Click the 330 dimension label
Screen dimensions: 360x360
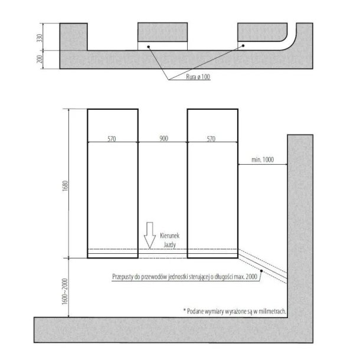click(x=40, y=38)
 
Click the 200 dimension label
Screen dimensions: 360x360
click(x=40, y=59)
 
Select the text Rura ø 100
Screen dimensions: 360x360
click(x=198, y=77)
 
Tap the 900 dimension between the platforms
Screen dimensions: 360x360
click(x=163, y=139)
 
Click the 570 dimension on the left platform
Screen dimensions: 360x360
click(x=112, y=139)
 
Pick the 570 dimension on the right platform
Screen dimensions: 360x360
click(x=211, y=139)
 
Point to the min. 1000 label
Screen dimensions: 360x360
click(x=263, y=159)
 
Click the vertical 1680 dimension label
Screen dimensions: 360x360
click(x=66, y=186)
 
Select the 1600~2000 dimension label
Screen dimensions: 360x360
click(x=65, y=292)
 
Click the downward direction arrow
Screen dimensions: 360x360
click(x=150, y=235)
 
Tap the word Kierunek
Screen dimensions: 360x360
click(x=169, y=235)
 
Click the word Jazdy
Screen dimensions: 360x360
click(x=169, y=245)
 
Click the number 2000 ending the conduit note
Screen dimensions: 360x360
click(x=251, y=277)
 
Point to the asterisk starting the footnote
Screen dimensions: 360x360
click(x=184, y=310)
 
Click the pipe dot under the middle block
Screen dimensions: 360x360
click(x=149, y=47)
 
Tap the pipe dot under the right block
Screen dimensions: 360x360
click(x=243, y=45)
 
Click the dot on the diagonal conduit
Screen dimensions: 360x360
click(x=261, y=271)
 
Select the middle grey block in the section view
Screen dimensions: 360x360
click(x=162, y=32)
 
